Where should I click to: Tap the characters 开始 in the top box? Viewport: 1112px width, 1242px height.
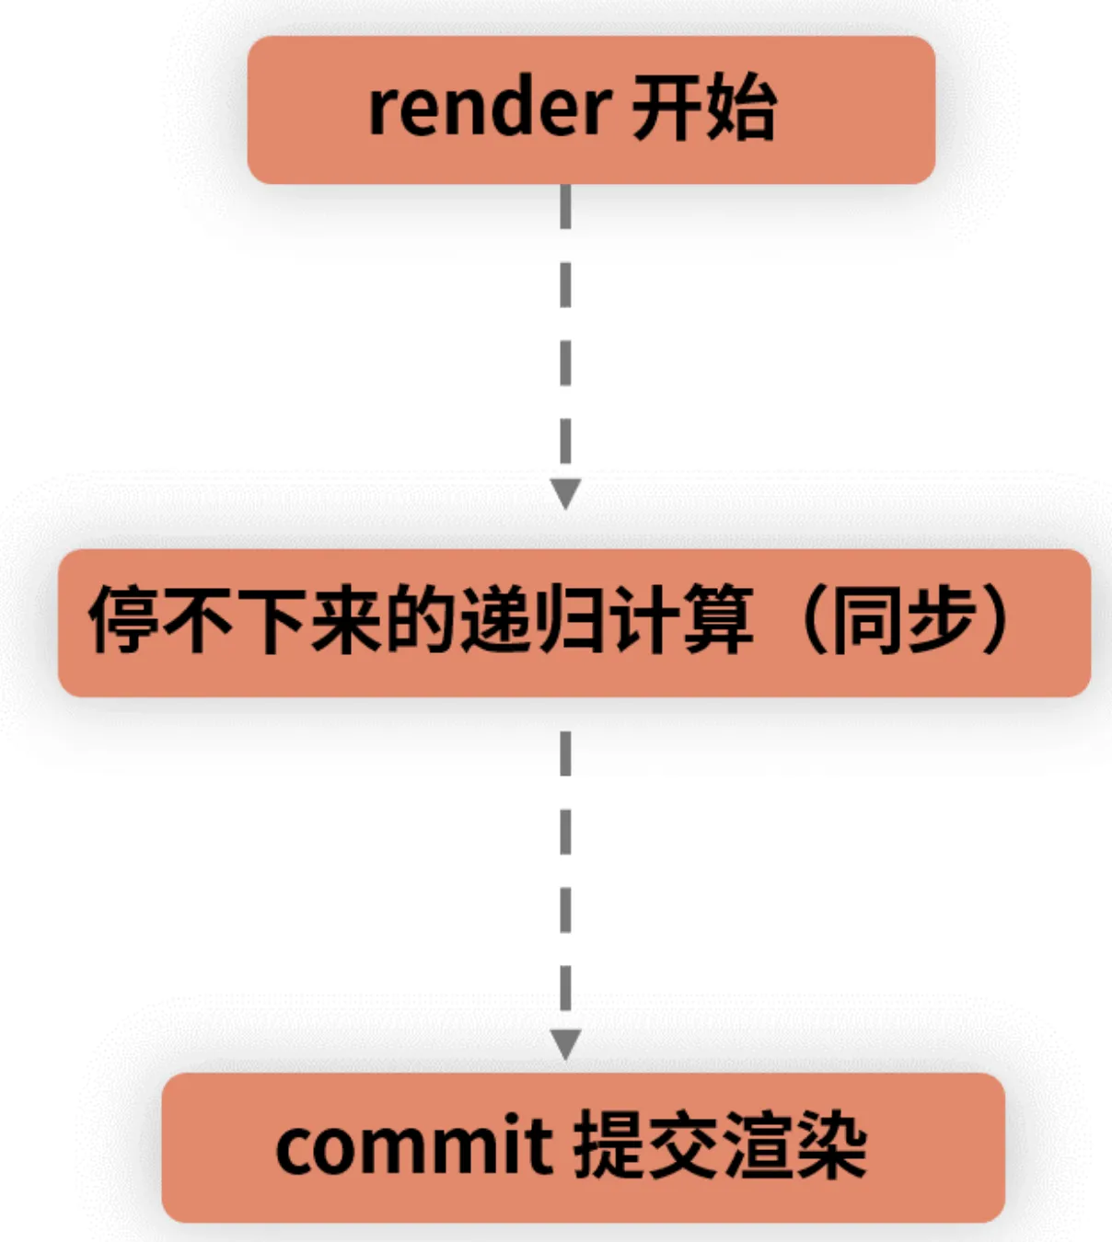[x=703, y=109]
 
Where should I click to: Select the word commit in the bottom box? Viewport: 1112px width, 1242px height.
[x=413, y=1146]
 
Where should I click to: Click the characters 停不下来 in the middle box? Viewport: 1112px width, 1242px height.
[x=236, y=620]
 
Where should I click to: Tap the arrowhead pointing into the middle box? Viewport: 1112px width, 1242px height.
[x=565, y=494]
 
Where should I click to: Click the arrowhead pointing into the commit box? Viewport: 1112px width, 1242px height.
[x=565, y=1044]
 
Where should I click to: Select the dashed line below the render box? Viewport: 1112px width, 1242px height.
[x=565, y=331]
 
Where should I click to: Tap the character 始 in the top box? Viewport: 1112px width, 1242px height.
[x=741, y=109]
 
